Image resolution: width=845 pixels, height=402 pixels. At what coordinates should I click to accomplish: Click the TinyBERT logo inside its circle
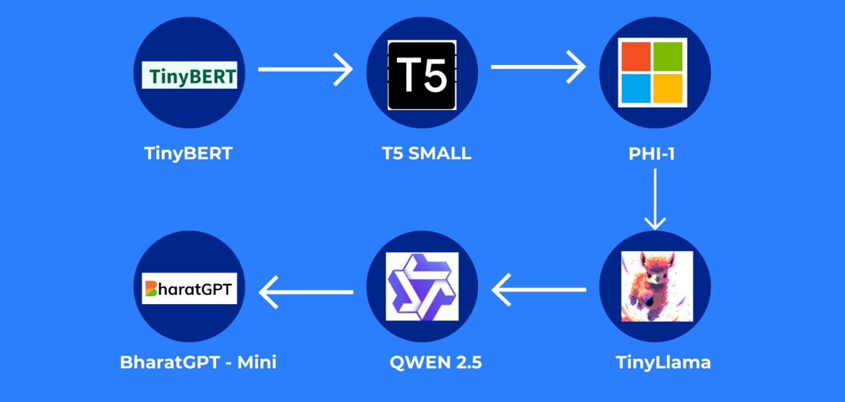(x=189, y=75)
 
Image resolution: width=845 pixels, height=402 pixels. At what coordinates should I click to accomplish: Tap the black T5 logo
(x=422, y=75)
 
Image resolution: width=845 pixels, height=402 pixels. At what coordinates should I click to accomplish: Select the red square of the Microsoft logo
(x=635, y=56)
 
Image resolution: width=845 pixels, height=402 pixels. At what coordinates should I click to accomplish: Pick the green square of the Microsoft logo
(x=669, y=56)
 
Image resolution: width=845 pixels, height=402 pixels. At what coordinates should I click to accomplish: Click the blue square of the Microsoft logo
(x=635, y=89)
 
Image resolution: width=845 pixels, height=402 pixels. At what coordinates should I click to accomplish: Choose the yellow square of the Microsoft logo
(x=669, y=89)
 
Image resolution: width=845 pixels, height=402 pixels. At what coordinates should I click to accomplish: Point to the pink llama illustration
(x=655, y=286)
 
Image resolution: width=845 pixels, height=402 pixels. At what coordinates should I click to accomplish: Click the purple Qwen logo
(x=422, y=287)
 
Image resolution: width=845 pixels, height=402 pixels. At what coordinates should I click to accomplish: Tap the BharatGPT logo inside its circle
(x=189, y=288)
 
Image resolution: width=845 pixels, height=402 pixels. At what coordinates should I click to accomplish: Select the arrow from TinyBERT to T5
(x=305, y=69)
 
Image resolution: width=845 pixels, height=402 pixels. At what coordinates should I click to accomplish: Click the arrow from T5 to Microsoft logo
(x=538, y=67)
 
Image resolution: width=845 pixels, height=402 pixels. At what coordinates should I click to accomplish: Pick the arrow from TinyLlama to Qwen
(x=539, y=290)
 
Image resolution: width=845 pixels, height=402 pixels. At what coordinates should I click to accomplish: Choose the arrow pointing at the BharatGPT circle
(x=306, y=292)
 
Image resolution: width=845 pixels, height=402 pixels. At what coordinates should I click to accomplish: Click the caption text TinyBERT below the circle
(x=188, y=154)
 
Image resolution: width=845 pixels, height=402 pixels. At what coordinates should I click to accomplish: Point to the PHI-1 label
(x=652, y=154)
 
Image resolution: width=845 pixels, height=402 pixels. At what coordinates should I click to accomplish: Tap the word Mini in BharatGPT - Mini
(x=256, y=361)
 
